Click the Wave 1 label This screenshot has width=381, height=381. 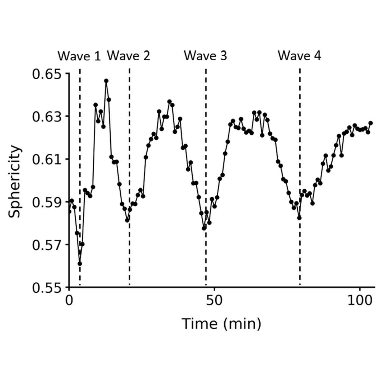click(x=79, y=56)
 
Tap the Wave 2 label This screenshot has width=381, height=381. click(x=129, y=56)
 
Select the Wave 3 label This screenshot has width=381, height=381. click(x=206, y=56)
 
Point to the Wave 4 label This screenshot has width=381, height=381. click(x=300, y=56)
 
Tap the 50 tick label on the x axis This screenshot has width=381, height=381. click(x=214, y=301)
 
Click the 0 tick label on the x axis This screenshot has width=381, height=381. click(x=69, y=301)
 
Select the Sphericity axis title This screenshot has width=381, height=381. click(x=14, y=181)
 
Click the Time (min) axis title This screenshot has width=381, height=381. click(x=221, y=324)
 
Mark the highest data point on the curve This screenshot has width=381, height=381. click(x=106, y=81)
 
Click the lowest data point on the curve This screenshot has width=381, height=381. click(x=80, y=264)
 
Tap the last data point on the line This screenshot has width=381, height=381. click(x=371, y=123)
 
